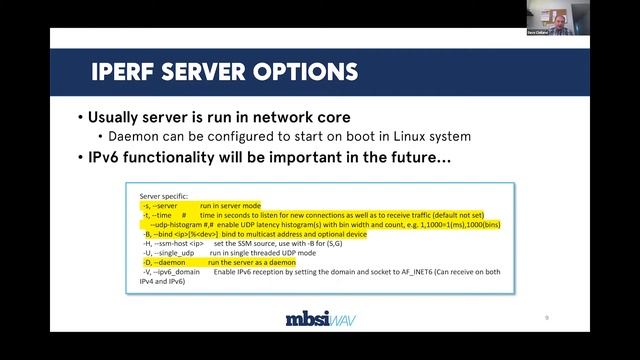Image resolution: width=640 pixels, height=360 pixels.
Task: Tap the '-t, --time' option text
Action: coord(159,215)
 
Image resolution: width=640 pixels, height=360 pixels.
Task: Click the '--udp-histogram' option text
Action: coord(173,224)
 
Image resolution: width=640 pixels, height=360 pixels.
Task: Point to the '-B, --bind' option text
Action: coord(160,234)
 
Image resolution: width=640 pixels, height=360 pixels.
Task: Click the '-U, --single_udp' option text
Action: coord(168,253)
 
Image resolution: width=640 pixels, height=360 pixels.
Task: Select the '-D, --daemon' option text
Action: coord(163,262)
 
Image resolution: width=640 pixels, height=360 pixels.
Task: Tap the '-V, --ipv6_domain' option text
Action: coord(172,272)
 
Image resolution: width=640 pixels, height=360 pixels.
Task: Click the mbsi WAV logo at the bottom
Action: coord(319,320)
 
